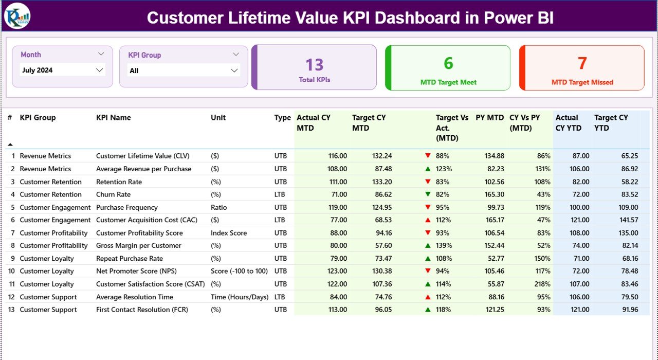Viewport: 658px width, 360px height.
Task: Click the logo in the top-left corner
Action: tap(17, 16)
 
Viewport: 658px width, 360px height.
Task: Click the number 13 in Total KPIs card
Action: tap(314, 65)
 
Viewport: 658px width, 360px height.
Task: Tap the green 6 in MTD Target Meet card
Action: tap(448, 63)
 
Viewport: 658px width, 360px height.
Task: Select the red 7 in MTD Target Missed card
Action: tap(582, 63)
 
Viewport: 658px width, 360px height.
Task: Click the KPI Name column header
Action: tap(113, 118)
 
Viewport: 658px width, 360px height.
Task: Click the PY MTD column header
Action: tap(489, 118)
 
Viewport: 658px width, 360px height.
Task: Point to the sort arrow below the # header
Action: tap(10, 145)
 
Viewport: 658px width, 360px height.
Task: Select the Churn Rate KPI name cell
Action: tap(113, 194)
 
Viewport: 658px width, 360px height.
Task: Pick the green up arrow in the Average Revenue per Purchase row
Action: tap(428, 169)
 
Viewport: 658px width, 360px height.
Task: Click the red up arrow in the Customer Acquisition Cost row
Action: tap(428, 220)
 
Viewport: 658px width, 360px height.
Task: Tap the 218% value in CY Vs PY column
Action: tap(542, 284)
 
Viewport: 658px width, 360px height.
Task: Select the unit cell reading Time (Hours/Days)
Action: tap(239, 297)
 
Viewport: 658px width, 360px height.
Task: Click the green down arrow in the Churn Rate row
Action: tap(428, 194)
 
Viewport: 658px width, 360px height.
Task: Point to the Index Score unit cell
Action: tap(229, 233)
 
